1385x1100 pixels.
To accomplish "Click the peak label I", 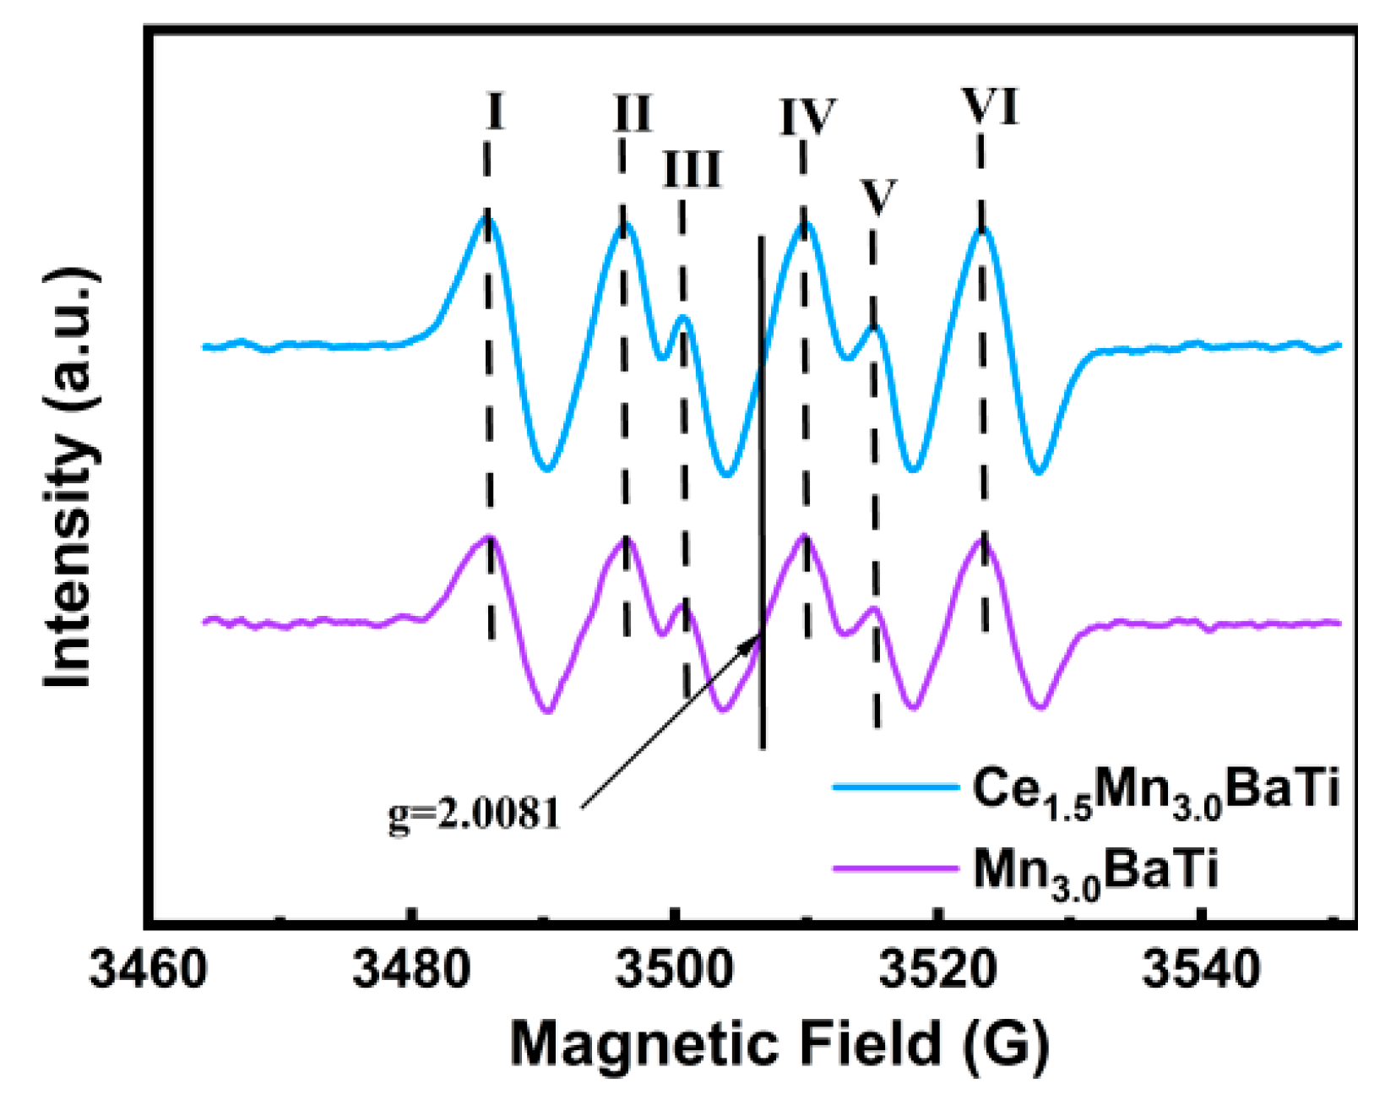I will point(496,111).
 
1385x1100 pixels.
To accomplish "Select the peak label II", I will point(633,112).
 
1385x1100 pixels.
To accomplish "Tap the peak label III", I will point(692,170).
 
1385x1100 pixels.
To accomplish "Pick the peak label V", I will point(878,197).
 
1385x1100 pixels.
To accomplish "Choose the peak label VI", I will point(990,106).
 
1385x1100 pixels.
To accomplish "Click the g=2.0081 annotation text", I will point(475,814).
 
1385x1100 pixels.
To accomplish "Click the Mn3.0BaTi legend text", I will point(1095,870).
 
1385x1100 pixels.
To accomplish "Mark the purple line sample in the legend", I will point(895,868).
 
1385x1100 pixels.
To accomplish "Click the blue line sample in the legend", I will point(895,787).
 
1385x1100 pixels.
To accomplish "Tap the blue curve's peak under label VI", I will point(982,229).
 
